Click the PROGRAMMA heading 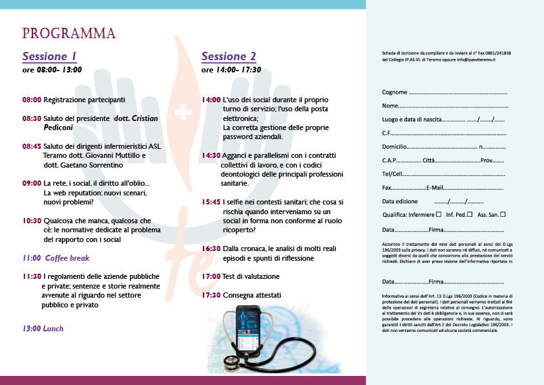(x=69, y=34)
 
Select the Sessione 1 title (x=50, y=56)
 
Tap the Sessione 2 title (x=229, y=56)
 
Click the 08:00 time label (x=32, y=100)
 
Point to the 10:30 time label (x=32, y=221)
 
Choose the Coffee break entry (x=67, y=258)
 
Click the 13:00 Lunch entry (x=43, y=329)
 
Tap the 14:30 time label (x=211, y=156)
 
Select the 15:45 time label (x=211, y=202)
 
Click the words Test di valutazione (x=251, y=276)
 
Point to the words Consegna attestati (x=252, y=295)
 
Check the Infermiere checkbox (x=439, y=214)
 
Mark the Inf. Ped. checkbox (x=470, y=214)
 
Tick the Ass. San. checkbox (x=503, y=214)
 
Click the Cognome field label (x=394, y=93)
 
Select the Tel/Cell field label (x=392, y=173)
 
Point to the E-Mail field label (x=436, y=187)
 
